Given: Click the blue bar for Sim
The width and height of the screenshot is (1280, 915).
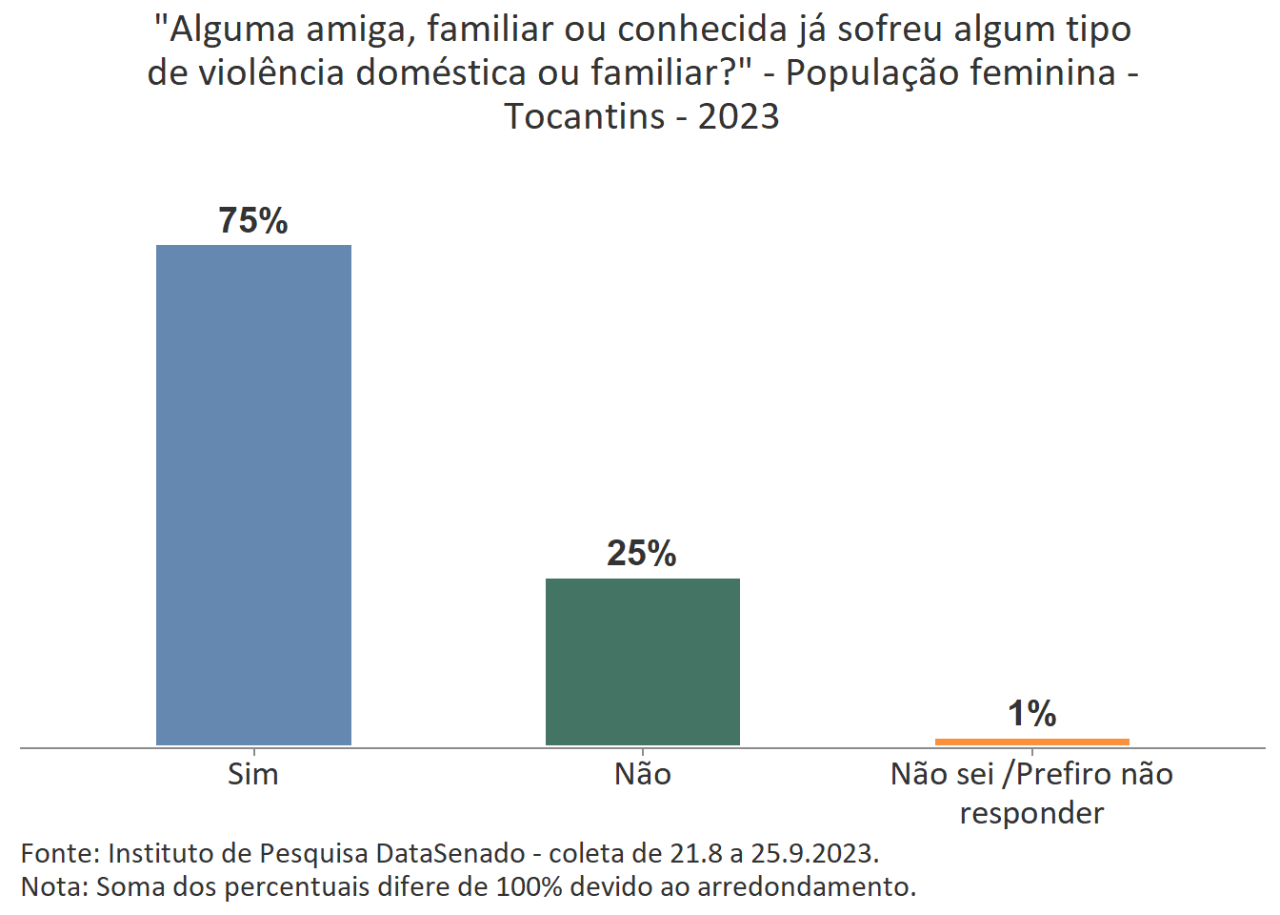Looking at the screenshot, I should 253,495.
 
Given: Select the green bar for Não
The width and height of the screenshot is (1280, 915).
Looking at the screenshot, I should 642,661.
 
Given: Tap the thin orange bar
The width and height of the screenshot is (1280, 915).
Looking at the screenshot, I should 1031,742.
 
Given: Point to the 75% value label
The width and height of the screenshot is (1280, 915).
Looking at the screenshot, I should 253,220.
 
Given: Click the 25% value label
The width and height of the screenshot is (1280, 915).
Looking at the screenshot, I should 642,553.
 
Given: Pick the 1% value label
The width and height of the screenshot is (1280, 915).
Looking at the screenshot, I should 1031,713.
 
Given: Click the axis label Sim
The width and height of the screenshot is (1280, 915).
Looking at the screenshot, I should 253,774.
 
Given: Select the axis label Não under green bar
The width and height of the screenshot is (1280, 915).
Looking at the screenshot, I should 642,774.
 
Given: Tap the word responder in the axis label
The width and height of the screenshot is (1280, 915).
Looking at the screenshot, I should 1031,813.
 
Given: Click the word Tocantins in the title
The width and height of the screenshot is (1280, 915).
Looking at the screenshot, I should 585,116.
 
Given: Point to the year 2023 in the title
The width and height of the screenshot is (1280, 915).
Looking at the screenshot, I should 738,116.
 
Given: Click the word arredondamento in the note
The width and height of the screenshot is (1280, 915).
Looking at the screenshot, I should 806,886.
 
